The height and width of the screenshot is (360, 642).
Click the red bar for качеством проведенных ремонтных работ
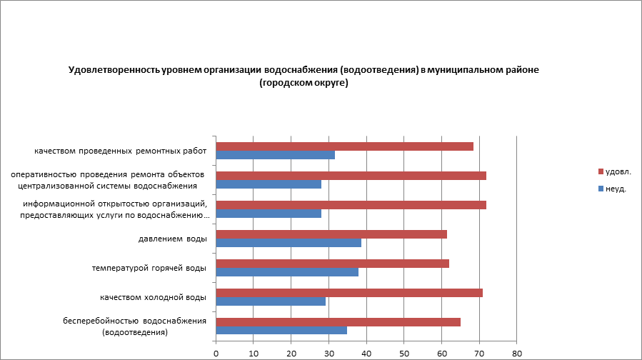(x=344, y=146)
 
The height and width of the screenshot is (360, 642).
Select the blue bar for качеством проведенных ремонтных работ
(x=275, y=155)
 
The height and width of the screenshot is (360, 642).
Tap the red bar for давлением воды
(x=331, y=234)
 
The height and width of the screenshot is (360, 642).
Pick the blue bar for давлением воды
(x=289, y=243)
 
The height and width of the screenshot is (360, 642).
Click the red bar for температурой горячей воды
(x=332, y=264)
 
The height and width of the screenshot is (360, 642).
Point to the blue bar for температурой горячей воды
(x=287, y=271)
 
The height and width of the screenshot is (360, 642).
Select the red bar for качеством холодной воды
(x=349, y=293)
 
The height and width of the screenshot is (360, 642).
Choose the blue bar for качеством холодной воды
(x=271, y=301)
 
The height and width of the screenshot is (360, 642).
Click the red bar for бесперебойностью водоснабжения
(x=338, y=321)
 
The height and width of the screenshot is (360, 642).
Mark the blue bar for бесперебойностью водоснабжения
(x=281, y=330)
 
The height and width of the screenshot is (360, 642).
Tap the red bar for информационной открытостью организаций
(x=351, y=205)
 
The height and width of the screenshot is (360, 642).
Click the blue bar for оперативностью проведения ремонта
(x=269, y=184)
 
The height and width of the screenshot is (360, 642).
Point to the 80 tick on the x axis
(x=517, y=353)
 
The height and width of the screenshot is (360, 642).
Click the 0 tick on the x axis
(x=216, y=353)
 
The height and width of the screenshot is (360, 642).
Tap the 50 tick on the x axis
(x=404, y=353)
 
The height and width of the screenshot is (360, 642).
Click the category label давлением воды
(x=173, y=239)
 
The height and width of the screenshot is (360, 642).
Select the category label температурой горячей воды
(x=149, y=268)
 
